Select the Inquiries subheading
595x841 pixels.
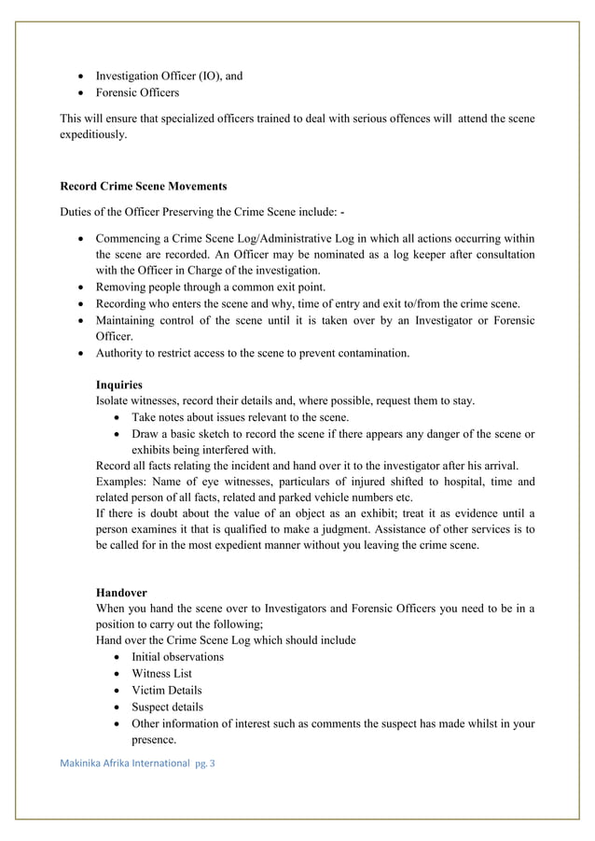(118, 385)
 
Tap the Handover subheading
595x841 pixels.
(121, 593)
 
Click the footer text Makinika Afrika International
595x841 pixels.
(125, 763)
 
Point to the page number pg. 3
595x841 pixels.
(204, 763)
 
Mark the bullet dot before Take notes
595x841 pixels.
(116, 418)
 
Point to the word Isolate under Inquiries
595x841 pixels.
(115, 401)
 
